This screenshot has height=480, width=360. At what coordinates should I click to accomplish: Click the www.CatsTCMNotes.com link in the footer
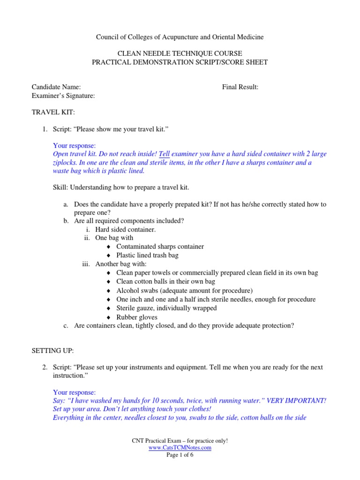pos(180,448)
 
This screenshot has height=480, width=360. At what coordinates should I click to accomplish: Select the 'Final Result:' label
pos(240,87)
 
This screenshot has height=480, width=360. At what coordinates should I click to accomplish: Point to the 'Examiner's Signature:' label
pos(63,96)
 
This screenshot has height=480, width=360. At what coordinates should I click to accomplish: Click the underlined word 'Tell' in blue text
pos(164,154)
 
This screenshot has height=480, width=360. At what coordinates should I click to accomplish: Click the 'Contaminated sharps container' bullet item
pos(160,246)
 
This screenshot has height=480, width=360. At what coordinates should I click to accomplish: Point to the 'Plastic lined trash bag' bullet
pos(147,255)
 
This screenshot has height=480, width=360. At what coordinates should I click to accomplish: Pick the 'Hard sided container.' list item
pos(125,229)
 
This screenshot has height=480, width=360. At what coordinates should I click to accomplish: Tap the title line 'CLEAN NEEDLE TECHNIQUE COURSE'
pos(180,54)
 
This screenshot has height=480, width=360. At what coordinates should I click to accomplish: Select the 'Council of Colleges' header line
pos(180,37)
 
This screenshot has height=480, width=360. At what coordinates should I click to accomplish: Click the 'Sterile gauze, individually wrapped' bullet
pos(166,308)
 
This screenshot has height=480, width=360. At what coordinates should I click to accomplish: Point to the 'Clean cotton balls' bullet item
pos(165,282)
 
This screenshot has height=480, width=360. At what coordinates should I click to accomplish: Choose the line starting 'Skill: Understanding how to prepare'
pos(121,187)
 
